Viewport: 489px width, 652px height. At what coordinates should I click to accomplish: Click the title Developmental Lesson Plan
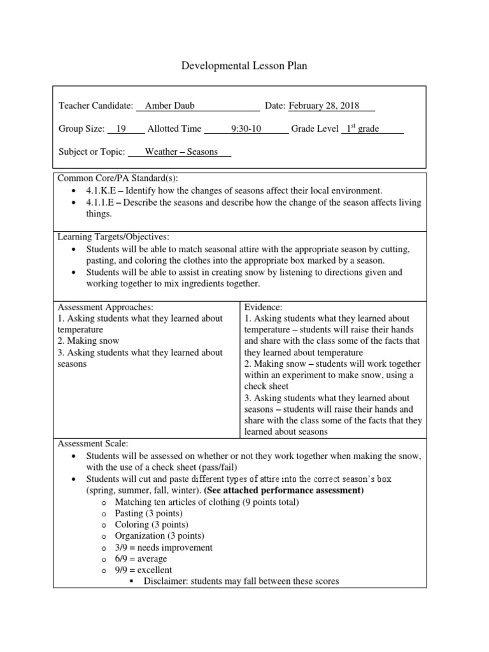coord(244,66)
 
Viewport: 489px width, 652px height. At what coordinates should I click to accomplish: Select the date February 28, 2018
coord(323,106)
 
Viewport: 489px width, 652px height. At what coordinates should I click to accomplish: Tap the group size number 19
coord(118,129)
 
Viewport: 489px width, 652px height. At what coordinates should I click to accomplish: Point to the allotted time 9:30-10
coord(246,129)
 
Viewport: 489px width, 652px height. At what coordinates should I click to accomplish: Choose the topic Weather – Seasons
coord(181,152)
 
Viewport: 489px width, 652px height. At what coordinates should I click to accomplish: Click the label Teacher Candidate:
coord(96,106)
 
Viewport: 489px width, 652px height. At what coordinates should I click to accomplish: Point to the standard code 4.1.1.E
coord(99,202)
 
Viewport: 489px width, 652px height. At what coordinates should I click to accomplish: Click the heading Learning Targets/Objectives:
coord(113,237)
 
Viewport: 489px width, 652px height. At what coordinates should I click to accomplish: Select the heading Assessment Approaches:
coord(106,307)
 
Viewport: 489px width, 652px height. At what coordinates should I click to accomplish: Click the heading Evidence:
coord(263,307)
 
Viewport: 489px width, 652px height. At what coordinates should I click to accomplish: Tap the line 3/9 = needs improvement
coord(164,548)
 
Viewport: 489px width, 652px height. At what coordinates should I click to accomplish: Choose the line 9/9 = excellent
coord(143,570)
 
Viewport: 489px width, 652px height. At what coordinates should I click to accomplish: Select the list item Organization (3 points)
coord(159,536)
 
